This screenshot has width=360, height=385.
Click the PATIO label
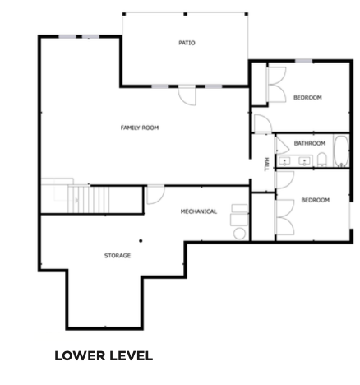coord(187,43)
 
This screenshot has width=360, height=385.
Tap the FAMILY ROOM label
coord(140,128)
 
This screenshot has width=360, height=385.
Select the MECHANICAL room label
coord(199,211)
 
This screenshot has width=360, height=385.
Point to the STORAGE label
coord(118,256)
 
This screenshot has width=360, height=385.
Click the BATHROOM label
coord(310,143)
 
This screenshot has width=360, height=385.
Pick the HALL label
coord(266,165)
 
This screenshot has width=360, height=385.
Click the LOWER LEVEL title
coord(104,356)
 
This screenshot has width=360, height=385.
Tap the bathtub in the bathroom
coord(341,151)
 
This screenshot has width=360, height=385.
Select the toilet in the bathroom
coord(322,160)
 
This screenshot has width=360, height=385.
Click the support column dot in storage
coord(141,241)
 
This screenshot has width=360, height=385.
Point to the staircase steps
coord(89,199)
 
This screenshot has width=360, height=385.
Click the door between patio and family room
coord(187,95)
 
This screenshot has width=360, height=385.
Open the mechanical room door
coord(155,195)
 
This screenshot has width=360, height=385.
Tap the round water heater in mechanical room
coord(239,234)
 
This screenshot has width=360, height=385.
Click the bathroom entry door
coord(282,146)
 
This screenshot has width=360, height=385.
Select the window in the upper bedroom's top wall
coord(304,61)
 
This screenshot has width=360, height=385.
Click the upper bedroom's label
coord(307,97)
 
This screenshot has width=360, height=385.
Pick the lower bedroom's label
coord(316,200)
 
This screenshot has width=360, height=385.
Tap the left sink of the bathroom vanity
coord(284,161)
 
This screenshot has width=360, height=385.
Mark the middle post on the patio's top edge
coord(185,14)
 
